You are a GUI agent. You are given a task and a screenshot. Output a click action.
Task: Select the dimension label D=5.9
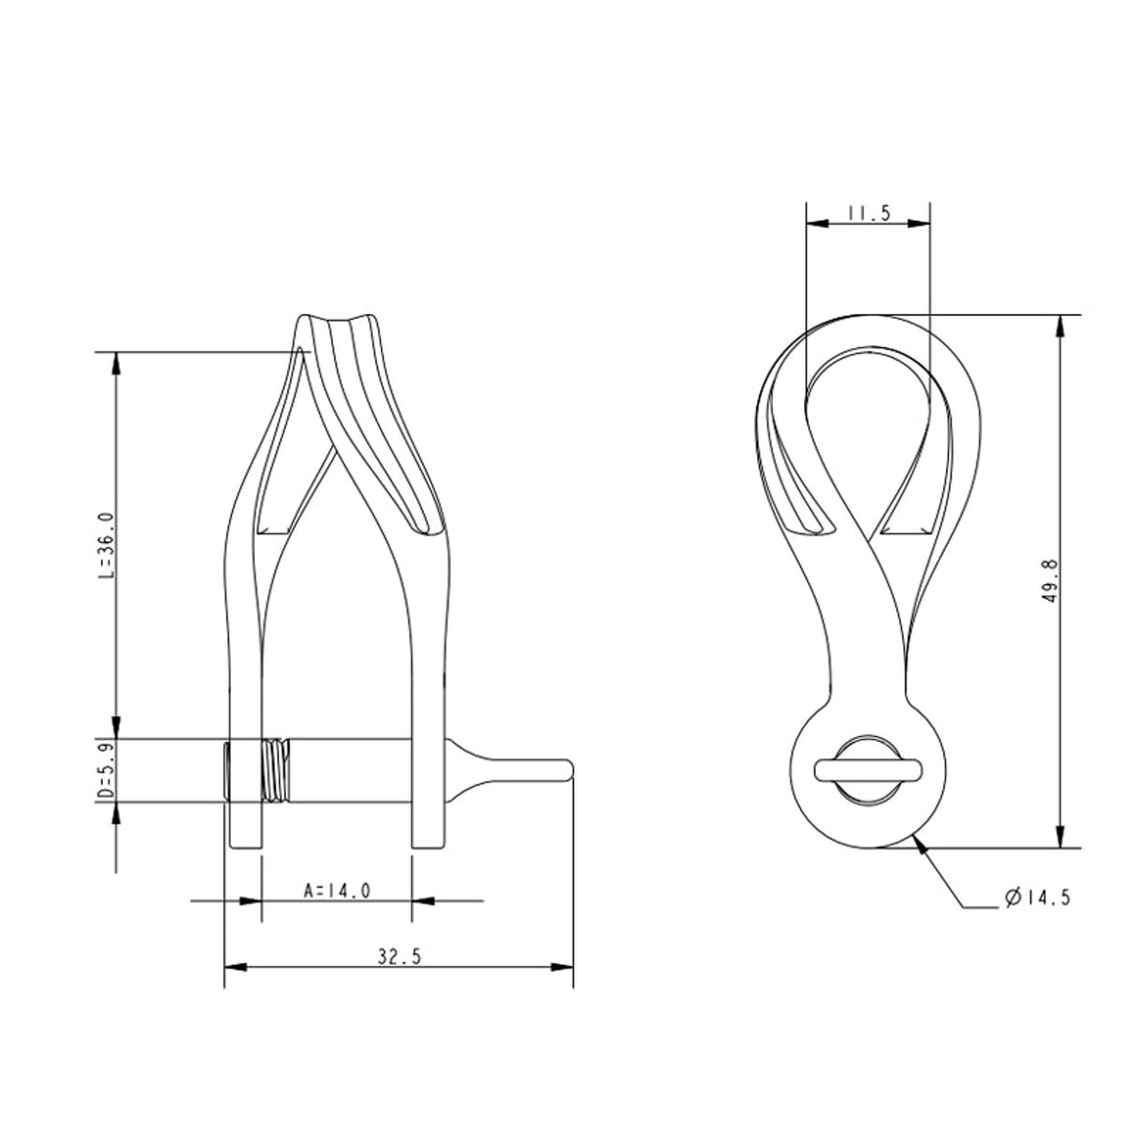[x=106, y=768]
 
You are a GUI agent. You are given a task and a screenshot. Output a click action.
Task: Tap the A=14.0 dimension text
[x=337, y=890]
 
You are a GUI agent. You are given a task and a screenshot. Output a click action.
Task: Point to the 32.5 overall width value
[x=397, y=956]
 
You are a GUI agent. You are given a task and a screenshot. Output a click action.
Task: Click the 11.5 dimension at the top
[x=867, y=213]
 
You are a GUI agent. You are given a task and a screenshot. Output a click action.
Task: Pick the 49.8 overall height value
[x=1049, y=580]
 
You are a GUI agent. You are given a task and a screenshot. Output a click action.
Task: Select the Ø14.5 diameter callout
[x=1036, y=897]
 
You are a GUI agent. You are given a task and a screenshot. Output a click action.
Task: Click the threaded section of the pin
[x=275, y=769]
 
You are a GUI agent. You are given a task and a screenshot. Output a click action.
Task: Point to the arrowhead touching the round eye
[x=924, y=847]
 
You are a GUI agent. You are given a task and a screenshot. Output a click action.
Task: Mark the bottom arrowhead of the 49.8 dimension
[x=1059, y=838]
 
